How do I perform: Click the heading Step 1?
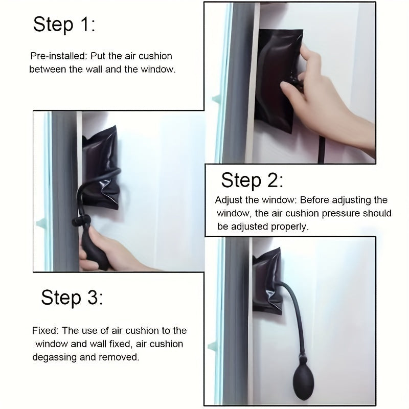click(64, 25)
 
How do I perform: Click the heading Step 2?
click(252, 180)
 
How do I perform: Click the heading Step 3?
click(72, 298)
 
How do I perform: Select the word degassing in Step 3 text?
click(55, 357)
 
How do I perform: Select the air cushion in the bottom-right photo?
click(267, 281)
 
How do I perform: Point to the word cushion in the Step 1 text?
click(155, 56)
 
